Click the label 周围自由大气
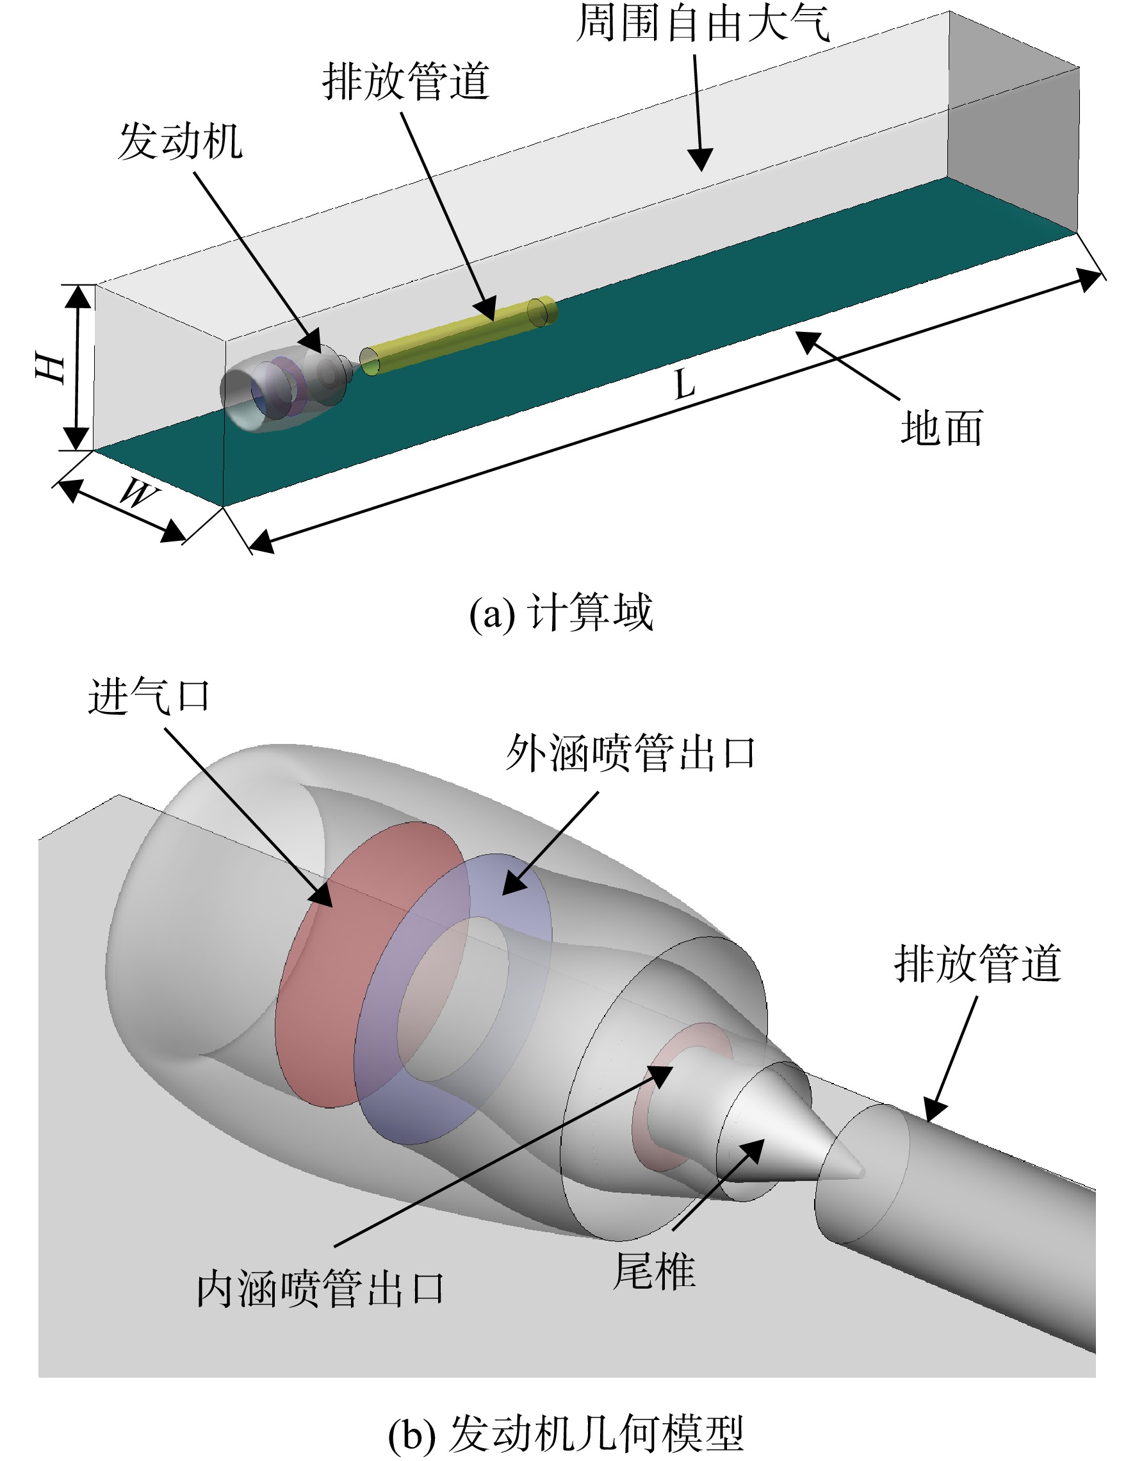point(703,24)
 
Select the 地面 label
point(942,427)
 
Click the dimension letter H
point(51,368)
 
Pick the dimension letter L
point(685,384)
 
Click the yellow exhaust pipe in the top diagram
point(458,335)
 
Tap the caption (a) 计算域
point(560,613)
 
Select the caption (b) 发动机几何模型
point(566,1433)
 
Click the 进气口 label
point(149,697)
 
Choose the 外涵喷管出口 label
point(631,753)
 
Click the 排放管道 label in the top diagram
point(406,81)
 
